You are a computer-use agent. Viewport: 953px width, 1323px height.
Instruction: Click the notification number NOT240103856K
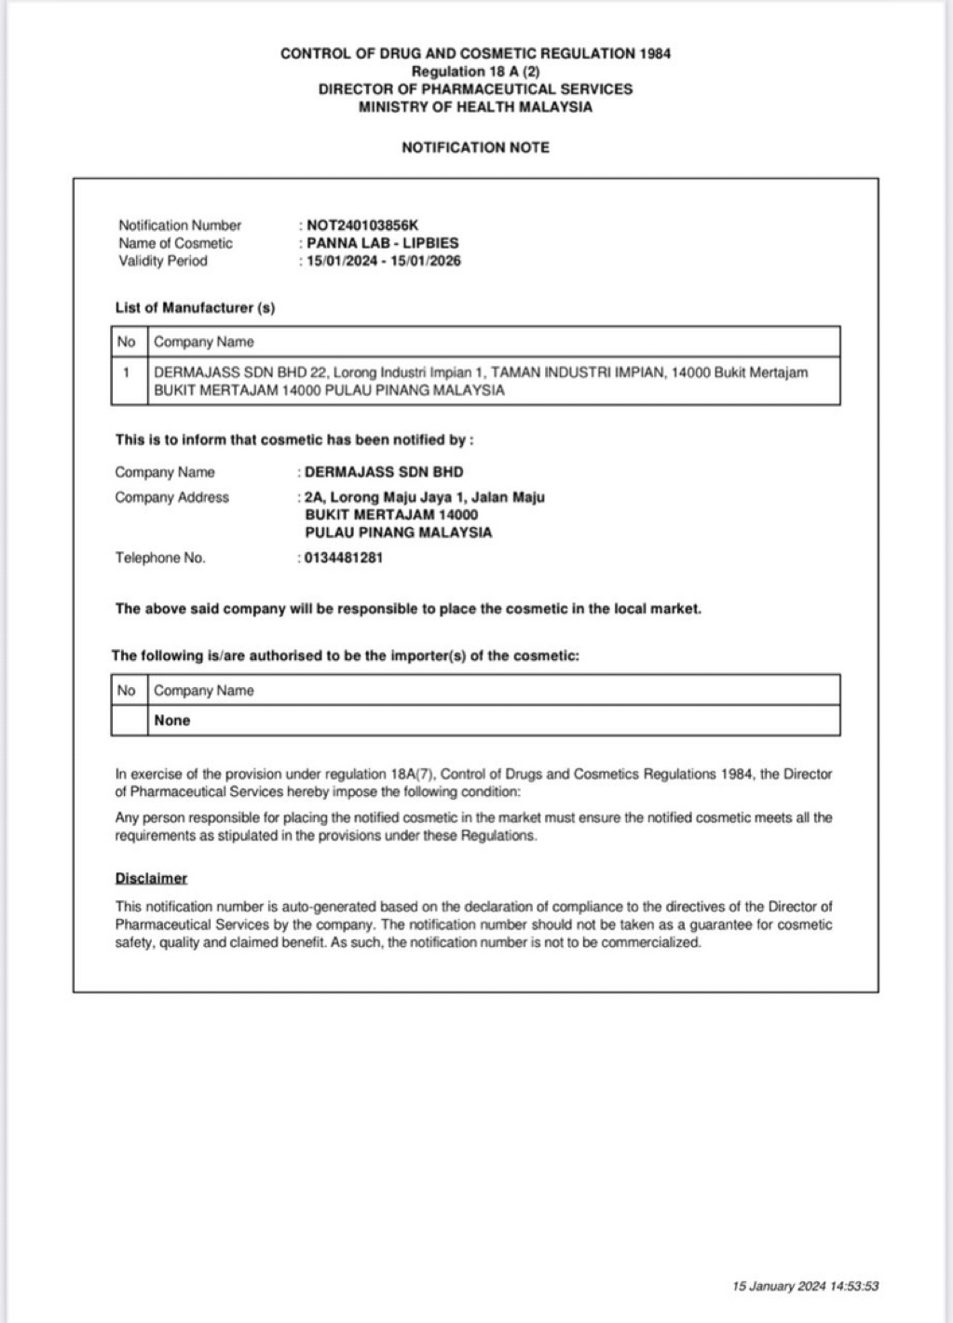tap(362, 225)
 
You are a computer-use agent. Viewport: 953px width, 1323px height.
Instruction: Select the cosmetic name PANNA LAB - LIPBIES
tap(383, 243)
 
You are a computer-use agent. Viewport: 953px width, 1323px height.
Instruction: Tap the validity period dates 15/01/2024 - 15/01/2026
tap(383, 261)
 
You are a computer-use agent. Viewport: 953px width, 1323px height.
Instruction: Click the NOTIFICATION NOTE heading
tap(475, 147)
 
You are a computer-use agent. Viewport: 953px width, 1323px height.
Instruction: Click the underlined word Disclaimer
tap(151, 878)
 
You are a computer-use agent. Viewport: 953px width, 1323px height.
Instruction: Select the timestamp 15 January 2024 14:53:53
tap(806, 1286)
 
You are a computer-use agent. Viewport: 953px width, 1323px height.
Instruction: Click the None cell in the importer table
tap(172, 720)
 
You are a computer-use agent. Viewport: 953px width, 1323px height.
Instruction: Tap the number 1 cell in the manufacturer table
tap(126, 372)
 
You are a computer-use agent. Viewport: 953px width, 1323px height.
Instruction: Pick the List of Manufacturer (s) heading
tap(195, 307)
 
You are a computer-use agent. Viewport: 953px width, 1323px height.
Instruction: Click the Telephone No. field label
tap(160, 558)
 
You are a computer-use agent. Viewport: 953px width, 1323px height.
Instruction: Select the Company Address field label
tap(171, 497)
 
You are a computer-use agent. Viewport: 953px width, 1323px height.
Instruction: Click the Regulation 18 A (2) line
tap(475, 72)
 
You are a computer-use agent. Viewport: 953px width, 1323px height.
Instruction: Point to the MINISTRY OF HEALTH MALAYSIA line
tap(475, 107)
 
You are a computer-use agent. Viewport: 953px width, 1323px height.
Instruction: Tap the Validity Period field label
tap(163, 261)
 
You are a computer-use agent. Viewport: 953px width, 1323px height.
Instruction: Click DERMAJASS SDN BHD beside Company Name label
tap(384, 472)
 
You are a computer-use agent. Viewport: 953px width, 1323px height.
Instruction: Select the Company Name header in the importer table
tap(204, 690)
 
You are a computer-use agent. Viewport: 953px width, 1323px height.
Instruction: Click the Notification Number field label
tap(180, 225)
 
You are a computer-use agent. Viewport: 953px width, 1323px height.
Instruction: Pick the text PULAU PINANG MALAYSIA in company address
tap(399, 533)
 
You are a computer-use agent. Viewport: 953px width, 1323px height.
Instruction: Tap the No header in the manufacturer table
tap(127, 342)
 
